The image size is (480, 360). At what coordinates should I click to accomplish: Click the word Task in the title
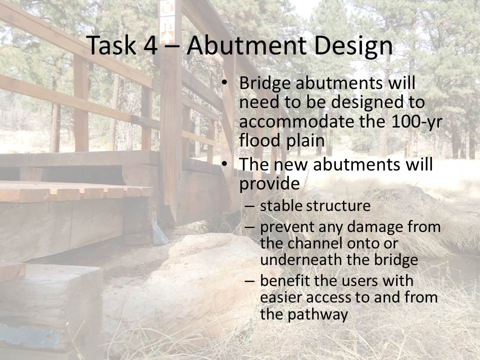pyautogui.click(x=111, y=45)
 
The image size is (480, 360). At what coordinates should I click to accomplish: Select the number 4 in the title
pyautogui.click(x=150, y=46)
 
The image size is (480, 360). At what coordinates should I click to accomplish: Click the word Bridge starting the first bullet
pyautogui.click(x=265, y=83)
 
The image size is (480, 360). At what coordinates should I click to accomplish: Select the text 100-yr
pyautogui.click(x=416, y=121)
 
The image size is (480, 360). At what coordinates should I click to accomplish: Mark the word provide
pyautogui.click(x=269, y=184)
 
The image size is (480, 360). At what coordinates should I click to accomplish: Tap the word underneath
pyautogui.click(x=301, y=259)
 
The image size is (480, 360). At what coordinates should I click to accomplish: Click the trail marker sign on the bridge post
pyautogui.click(x=167, y=22)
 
